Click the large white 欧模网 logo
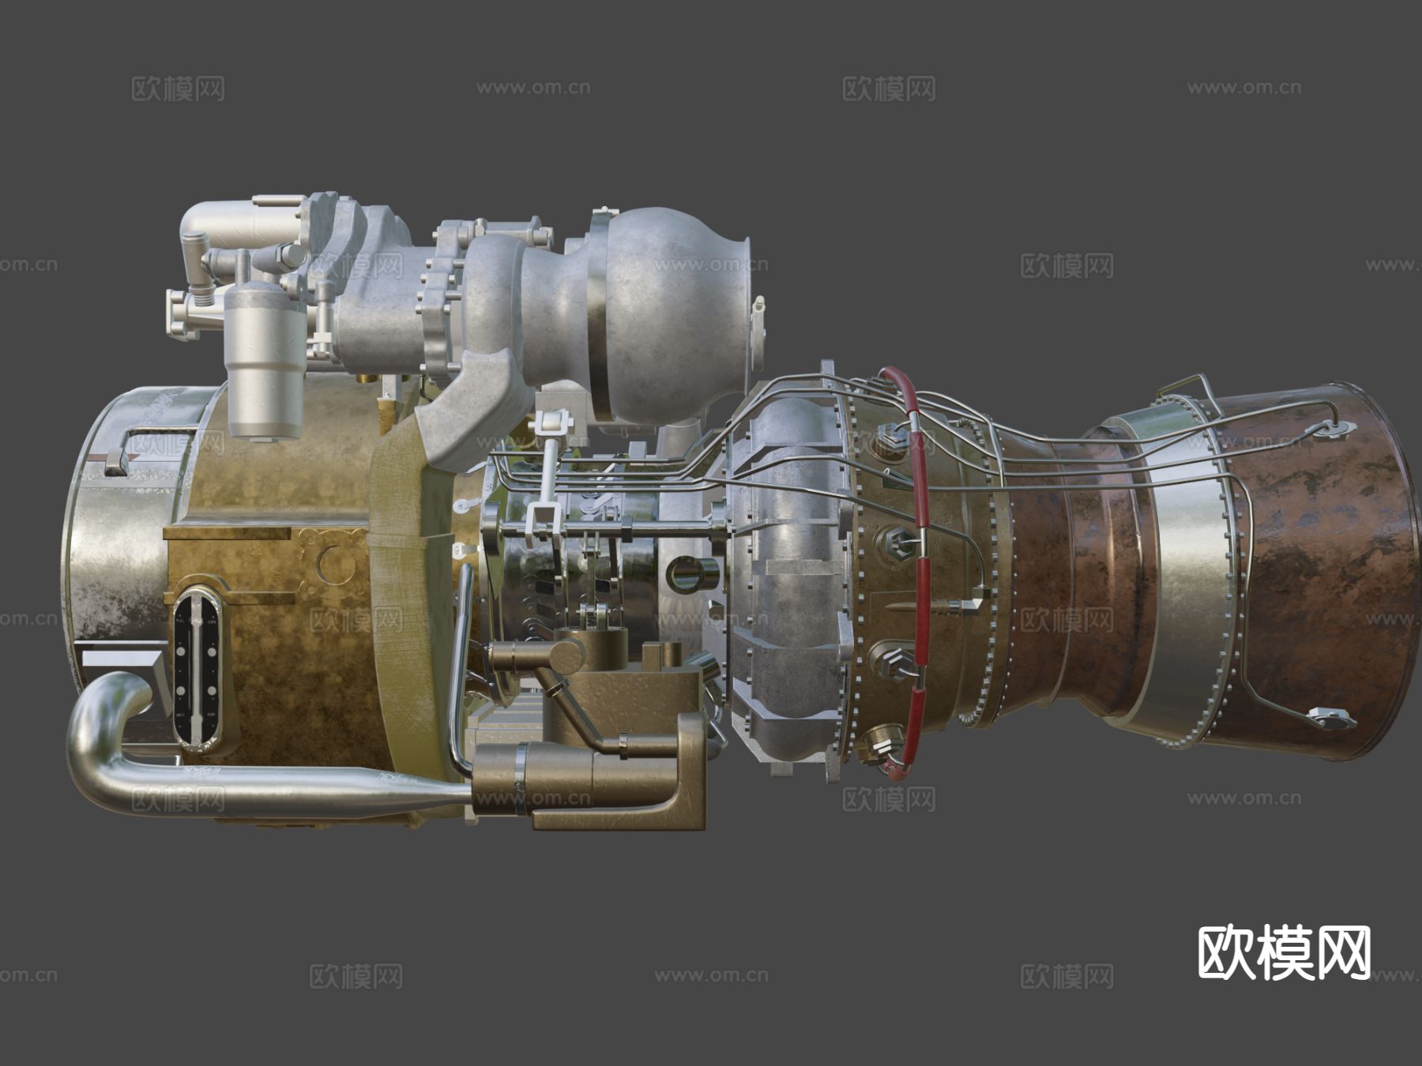coord(1284,953)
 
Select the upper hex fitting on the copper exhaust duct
coord(1334,429)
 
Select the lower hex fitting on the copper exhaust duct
coord(1332,719)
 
